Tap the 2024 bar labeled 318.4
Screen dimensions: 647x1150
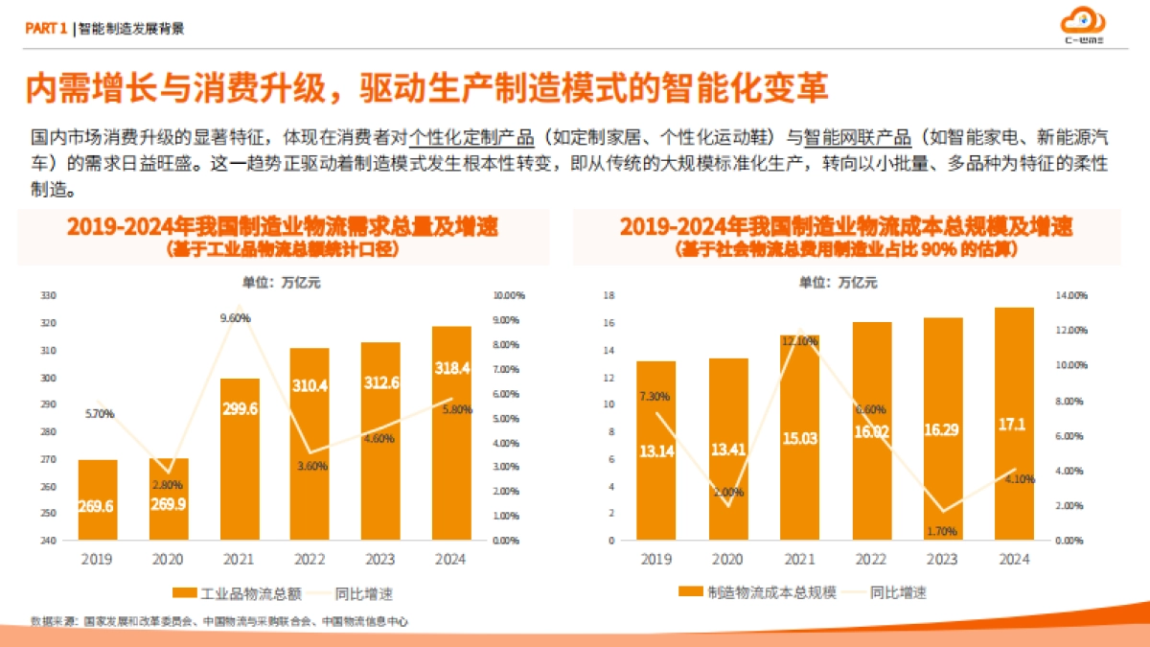coord(451,432)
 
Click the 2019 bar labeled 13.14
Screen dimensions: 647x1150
coord(655,451)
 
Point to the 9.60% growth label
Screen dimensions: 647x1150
coord(234,316)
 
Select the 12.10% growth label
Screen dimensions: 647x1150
coord(799,341)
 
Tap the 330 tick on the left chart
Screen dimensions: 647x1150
coord(47,295)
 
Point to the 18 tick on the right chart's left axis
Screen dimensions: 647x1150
coord(607,295)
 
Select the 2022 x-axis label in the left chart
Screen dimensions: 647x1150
coord(309,559)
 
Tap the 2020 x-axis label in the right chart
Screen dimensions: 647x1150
coord(727,559)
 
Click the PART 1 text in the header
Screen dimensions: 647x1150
coord(45,29)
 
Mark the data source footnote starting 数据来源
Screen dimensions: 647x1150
coord(218,622)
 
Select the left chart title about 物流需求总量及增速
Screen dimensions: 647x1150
coord(282,227)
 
